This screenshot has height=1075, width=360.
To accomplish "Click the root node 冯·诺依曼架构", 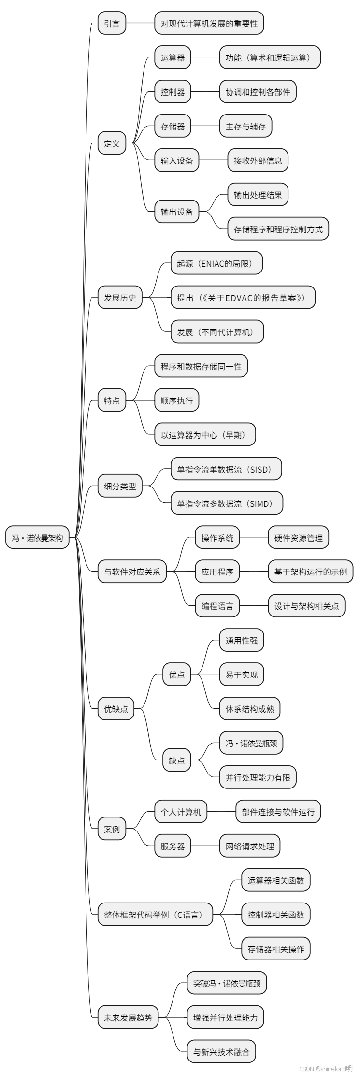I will click(x=37, y=537).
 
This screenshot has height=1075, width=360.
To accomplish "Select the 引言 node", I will click(x=112, y=23).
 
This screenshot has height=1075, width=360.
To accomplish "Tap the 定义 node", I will click(x=112, y=143).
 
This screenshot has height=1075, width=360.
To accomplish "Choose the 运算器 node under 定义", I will click(x=173, y=57).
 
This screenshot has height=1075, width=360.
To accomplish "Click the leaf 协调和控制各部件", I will click(x=258, y=92).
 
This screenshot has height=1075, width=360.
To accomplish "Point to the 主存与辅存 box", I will click(x=245, y=126).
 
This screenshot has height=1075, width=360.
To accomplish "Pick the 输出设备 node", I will click(x=176, y=212).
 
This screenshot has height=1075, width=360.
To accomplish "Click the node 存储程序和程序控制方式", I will click(x=278, y=229).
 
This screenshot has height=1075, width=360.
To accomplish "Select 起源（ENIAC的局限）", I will click(x=217, y=263).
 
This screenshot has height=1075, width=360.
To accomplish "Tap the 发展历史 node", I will click(x=120, y=298).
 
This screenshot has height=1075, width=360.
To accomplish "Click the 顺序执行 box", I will click(x=176, y=401).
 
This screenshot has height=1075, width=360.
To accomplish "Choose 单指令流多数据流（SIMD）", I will click(x=227, y=503).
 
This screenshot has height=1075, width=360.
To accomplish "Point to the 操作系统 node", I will click(x=217, y=538).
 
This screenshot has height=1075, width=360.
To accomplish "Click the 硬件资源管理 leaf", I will click(x=298, y=538).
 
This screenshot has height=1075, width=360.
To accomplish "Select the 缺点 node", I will click(x=176, y=760).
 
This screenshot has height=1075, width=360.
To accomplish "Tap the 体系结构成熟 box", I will click(x=249, y=709).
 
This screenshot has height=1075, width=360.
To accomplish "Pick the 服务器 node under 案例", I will click(x=173, y=846).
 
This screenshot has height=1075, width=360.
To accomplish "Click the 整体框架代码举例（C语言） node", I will click(x=155, y=915).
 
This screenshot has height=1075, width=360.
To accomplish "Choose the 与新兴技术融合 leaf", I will click(x=221, y=1052).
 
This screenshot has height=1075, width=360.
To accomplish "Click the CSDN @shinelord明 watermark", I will click(x=326, y=1068).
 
